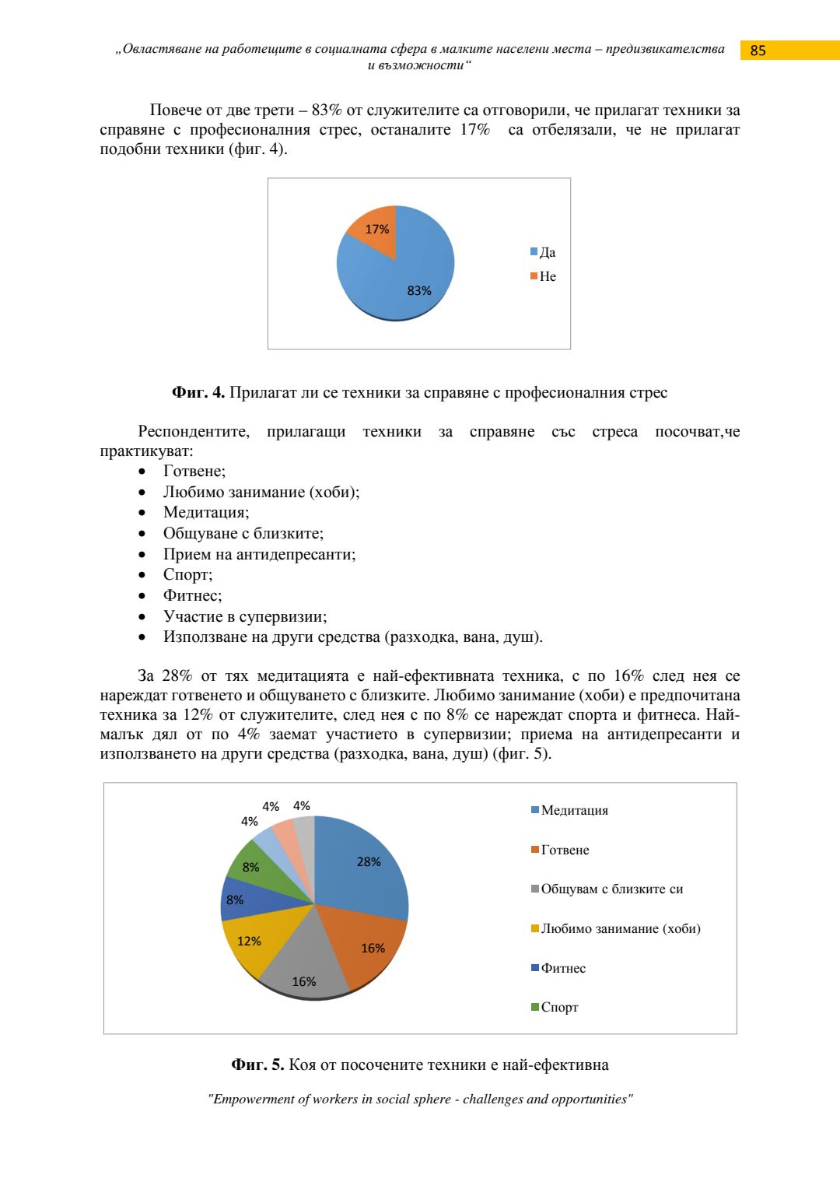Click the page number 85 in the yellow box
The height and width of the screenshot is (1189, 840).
coord(758,51)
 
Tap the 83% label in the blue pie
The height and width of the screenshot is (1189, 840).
coord(419,290)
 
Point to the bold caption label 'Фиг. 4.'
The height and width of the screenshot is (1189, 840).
coord(198,392)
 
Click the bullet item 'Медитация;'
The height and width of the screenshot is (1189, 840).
coord(206,512)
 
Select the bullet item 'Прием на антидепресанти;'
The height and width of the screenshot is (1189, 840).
coord(259,554)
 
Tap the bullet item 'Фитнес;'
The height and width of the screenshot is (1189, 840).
coord(192,595)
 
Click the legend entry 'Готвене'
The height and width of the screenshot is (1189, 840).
coord(565,850)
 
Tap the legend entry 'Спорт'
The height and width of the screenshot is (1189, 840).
coord(559,1007)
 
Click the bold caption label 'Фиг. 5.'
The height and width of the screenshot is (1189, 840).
coord(257,1064)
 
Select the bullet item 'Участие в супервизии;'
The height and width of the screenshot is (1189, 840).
coord(245,616)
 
